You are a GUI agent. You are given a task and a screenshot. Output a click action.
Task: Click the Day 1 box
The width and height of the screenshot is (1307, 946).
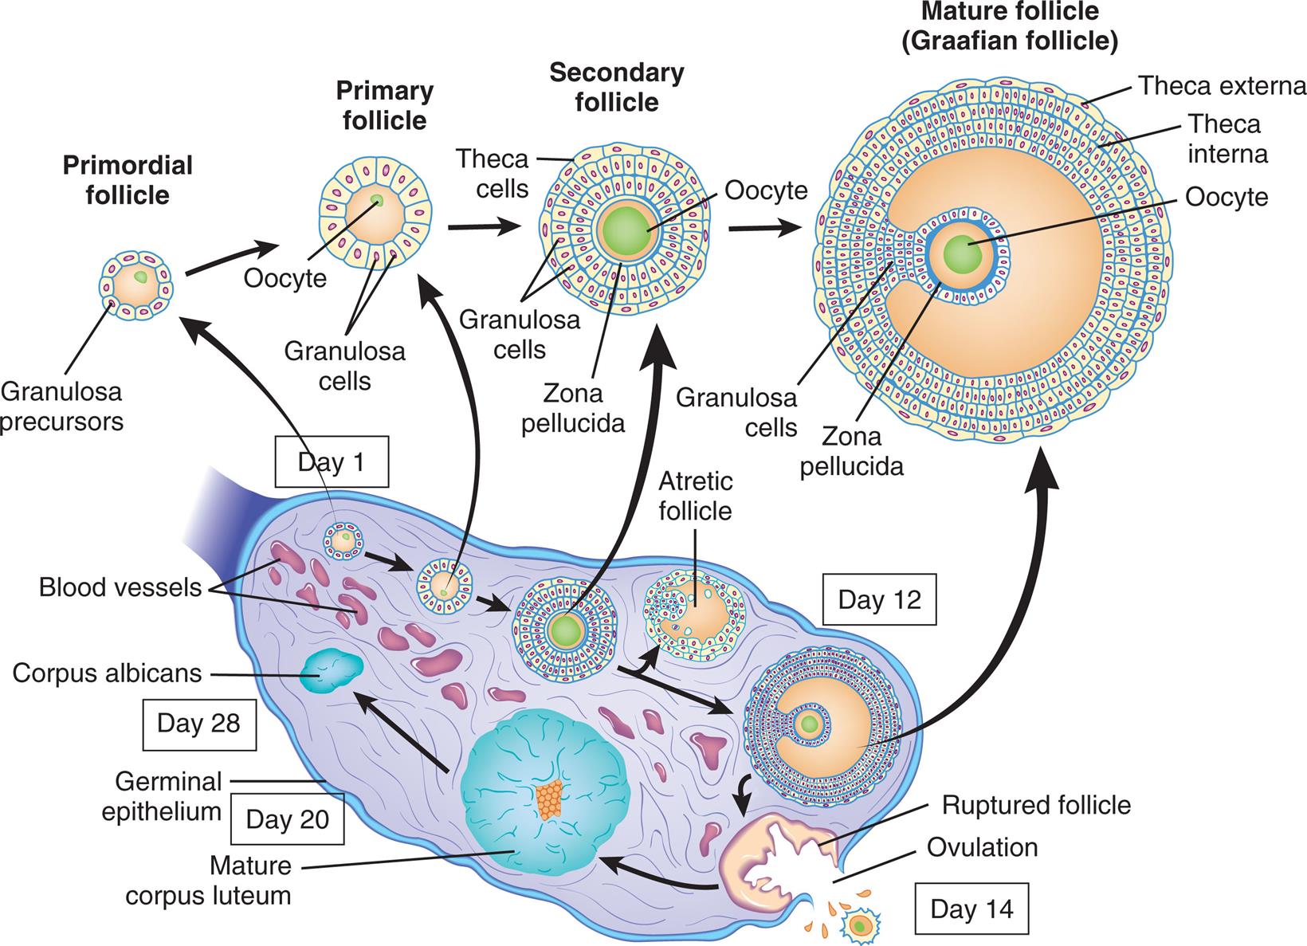click(331, 462)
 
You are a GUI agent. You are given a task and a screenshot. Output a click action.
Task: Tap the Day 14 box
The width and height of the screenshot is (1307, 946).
click(971, 909)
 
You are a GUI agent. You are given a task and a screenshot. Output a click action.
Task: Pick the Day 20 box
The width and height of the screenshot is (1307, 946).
click(287, 819)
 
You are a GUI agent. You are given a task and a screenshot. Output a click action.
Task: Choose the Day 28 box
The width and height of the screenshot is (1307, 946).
click(198, 723)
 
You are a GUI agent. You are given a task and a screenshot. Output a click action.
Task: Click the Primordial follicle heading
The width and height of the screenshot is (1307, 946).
click(128, 180)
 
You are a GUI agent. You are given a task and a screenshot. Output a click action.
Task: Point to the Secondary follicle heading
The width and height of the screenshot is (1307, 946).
click(617, 88)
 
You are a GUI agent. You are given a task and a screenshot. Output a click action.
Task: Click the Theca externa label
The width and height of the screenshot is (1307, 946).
click(1222, 86)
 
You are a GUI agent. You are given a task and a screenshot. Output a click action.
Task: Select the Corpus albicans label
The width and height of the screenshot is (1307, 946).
click(107, 673)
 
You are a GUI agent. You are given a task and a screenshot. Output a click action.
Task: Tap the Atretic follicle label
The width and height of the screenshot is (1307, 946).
click(695, 497)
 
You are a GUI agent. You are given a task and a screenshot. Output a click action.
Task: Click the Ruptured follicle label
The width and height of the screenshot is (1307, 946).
click(1036, 805)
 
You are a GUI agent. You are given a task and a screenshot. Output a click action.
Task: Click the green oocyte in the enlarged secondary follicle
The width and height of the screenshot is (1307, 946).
click(627, 231)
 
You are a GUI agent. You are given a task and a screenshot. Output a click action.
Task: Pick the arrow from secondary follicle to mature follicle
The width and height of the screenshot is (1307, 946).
click(763, 228)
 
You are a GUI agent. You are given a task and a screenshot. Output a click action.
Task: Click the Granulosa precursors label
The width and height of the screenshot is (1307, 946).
click(62, 406)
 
